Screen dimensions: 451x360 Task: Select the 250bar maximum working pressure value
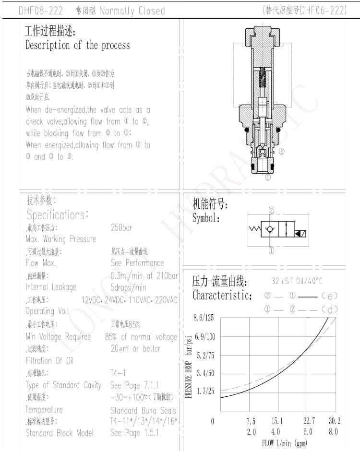(x=121, y=228)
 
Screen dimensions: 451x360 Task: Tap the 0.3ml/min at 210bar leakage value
(x=144, y=275)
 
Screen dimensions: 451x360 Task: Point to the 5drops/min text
(x=128, y=288)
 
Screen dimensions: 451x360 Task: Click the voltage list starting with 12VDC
(x=129, y=300)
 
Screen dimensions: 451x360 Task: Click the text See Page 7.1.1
(x=134, y=385)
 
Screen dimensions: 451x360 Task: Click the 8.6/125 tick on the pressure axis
(x=204, y=318)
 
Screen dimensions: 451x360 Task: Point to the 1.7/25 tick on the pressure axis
(x=205, y=392)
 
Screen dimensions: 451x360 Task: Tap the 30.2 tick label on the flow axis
(x=335, y=421)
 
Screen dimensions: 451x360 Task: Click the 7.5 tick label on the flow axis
(x=251, y=421)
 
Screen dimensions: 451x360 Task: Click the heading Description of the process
(x=77, y=46)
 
